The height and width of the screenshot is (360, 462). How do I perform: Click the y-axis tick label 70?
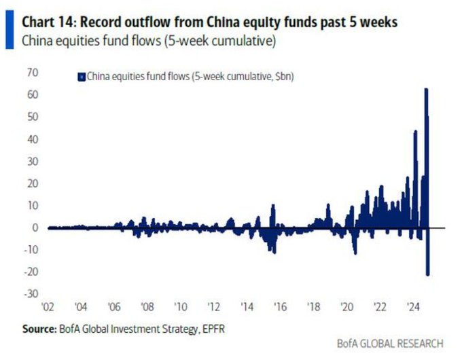click(x=32, y=72)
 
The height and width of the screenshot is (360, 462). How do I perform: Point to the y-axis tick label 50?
click(x=32, y=116)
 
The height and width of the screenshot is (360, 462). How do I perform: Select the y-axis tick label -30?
click(x=31, y=293)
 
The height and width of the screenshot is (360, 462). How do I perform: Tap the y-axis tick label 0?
click(x=35, y=227)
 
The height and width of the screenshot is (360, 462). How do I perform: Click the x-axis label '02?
click(x=48, y=306)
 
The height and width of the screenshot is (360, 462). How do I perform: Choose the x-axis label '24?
click(x=412, y=306)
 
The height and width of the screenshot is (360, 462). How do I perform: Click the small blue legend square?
click(x=81, y=77)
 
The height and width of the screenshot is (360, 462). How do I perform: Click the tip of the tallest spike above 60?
click(x=426, y=89)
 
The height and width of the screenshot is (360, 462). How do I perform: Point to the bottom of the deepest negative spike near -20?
click(x=428, y=274)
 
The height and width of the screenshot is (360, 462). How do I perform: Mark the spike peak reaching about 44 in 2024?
click(x=415, y=131)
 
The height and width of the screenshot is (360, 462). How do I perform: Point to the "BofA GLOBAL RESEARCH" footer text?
click(x=390, y=343)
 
